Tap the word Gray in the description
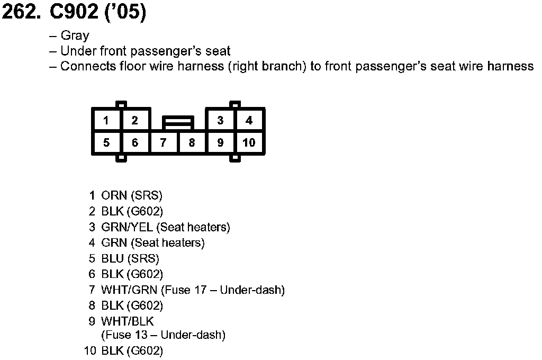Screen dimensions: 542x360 (x=75, y=36)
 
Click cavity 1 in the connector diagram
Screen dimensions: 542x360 (x=106, y=121)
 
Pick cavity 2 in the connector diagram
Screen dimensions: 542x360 (x=135, y=121)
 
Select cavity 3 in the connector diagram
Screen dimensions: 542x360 (x=220, y=121)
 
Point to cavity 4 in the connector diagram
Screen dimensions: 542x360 (x=249, y=121)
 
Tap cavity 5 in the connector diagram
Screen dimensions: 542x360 (x=106, y=143)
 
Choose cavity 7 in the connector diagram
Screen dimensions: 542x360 (x=164, y=143)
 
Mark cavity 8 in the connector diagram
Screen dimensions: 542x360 (x=192, y=143)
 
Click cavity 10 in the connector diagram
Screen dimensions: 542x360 (x=249, y=143)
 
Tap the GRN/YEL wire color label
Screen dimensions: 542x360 (x=127, y=227)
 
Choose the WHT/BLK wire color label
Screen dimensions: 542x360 (x=128, y=321)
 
